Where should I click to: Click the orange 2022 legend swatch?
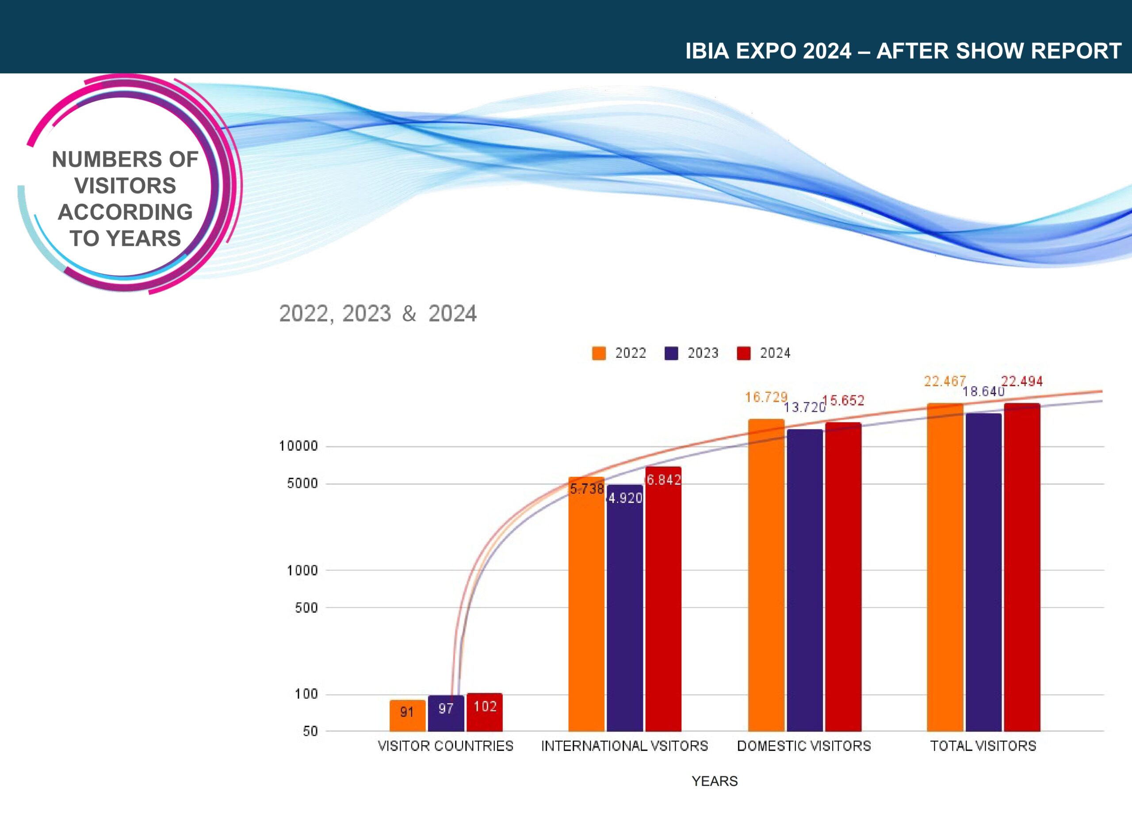pyautogui.click(x=598, y=353)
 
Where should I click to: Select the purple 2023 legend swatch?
pyautogui.click(x=671, y=353)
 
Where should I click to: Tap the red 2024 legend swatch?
pyautogui.click(x=744, y=353)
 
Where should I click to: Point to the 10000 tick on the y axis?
pyautogui.click(x=298, y=446)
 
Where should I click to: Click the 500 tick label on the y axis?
pyautogui.click(x=306, y=608)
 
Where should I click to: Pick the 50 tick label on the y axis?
pyautogui.click(x=310, y=731)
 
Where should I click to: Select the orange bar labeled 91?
pyautogui.click(x=407, y=716)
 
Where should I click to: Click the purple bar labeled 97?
pyautogui.click(x=446, y=713)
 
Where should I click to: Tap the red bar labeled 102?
pyautogui.click(x=484, y=712)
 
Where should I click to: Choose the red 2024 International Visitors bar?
pyautogui.click(x=663, y=599)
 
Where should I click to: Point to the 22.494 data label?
pyautogui.click(x=1022, y=382)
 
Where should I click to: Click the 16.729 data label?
pyautogui.click(x=766, y=397)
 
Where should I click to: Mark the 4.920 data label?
pyautogui.click(x=625, y=498)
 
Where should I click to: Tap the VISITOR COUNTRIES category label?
pyautogui.click(x=445, y=746)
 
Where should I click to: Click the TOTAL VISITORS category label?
pyautogui.click(x=983, y=746)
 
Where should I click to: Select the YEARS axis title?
pyautogui.click(x=714, y=781)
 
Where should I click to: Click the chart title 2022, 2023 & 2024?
pyautogui.click(x=378, y=314)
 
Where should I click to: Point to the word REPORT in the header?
pyautogui.click(x=1076, y=51)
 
